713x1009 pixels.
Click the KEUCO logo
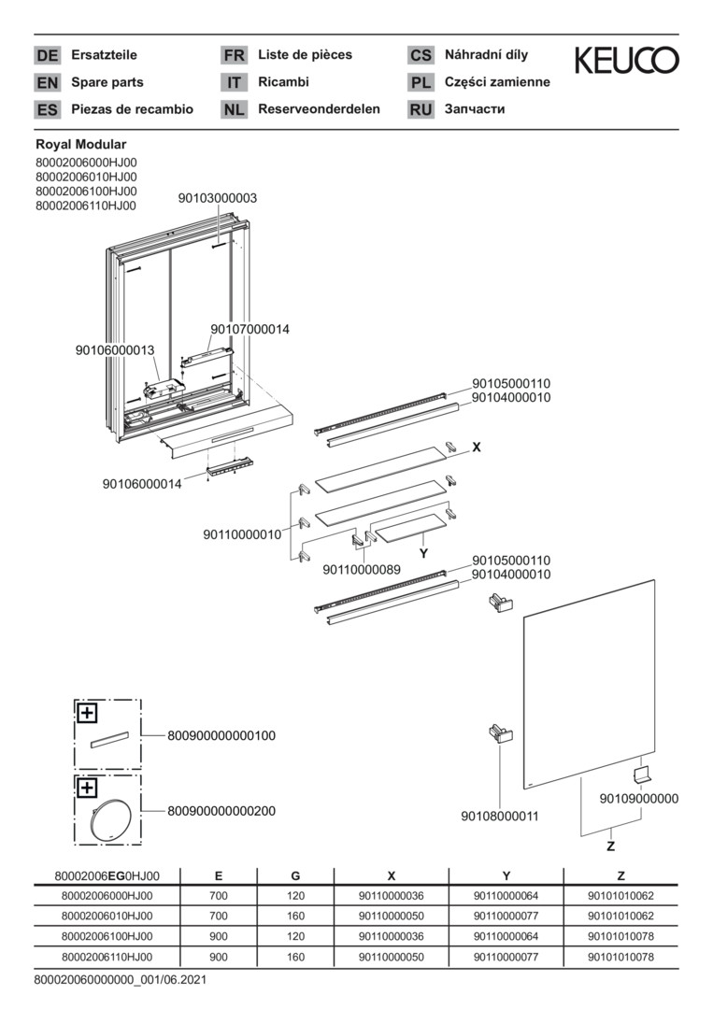tap(626, 61)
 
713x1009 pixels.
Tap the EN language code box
tap(47, 82)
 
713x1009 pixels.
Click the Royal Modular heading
tap(80, 145)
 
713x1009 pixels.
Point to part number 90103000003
tap(218, 198)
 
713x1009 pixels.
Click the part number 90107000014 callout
tap(250, 329)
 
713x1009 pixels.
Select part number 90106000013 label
tap(115, 349)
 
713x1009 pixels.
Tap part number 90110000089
tap(362, 569)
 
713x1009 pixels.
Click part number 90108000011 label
tap(500, 816)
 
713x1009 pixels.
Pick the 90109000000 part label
tap(639, 798)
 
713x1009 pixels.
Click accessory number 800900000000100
tap(221, 736)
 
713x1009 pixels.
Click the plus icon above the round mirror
tap(87, 788)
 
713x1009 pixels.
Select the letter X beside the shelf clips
tap(477, 448)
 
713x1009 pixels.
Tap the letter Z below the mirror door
tap(610, 846)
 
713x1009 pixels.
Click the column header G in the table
tap(295, 875)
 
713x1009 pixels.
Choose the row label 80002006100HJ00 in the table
tap(107, 936)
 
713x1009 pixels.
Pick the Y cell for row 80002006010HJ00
tap(506, 916)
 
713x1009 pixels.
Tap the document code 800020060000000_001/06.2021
tap(120, 980)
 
